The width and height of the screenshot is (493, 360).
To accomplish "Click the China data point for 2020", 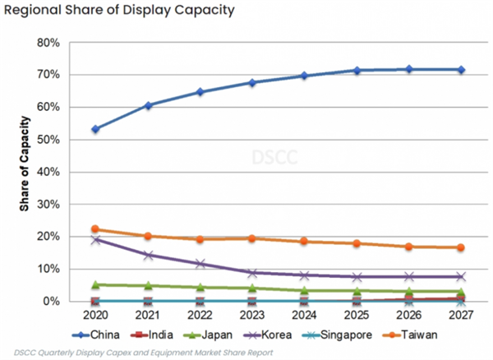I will [x=96, y=129].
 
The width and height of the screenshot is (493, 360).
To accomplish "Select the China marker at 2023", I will [x=252, y=83].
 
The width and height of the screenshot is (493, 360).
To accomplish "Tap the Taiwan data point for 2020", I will [x=96, y=229].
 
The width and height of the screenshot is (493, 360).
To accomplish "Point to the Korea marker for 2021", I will [x=148, y=255].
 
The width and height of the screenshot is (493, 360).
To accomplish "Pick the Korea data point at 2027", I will [x=461, y=276].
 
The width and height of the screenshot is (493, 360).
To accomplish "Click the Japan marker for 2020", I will [x=96, y=284].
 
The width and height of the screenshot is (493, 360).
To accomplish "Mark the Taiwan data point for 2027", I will [x=461, y=247].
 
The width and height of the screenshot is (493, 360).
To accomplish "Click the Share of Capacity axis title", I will [x=25, y=172].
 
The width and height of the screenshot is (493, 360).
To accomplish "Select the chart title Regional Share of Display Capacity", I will [x=118, y=12].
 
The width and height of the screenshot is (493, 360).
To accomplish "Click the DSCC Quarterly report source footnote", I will [x=141, y=353].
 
